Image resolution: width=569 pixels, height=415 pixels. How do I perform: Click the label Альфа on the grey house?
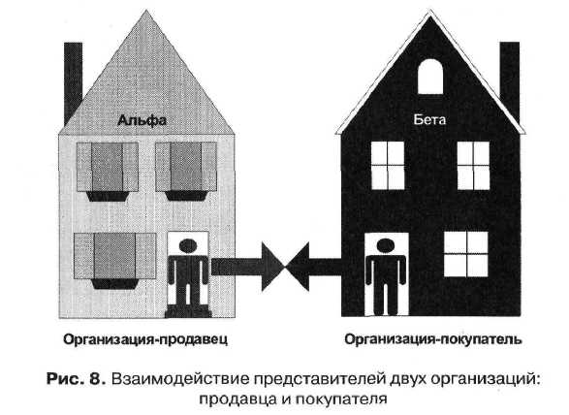point(142,120)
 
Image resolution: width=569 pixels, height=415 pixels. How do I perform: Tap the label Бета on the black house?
point(429,119)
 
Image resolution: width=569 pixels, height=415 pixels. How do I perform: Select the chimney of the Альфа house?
point(73,81)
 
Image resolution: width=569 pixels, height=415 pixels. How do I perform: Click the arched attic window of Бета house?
point(430,77)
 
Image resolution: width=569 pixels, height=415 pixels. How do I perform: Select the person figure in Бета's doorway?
point(386,276)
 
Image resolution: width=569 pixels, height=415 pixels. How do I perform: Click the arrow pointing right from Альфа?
point(248,267)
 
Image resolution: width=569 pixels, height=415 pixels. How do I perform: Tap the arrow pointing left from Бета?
point(313,267)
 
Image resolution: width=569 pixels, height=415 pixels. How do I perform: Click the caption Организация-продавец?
point(145,339)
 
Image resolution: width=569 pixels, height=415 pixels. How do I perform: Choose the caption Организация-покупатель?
point(433,339)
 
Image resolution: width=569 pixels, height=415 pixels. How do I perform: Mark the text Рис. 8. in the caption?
point(77,379)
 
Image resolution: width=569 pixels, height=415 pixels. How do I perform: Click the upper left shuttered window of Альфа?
point(108,172)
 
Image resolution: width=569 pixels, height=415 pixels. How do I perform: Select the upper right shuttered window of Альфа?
point(186,172)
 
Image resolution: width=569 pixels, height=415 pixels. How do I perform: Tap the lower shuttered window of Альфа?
point(114,261)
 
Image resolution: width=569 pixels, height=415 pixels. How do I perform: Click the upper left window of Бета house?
point(388,166)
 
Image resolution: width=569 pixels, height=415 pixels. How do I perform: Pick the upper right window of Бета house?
point(473,166)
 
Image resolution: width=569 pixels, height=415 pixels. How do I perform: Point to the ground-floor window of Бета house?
point(466,254)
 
